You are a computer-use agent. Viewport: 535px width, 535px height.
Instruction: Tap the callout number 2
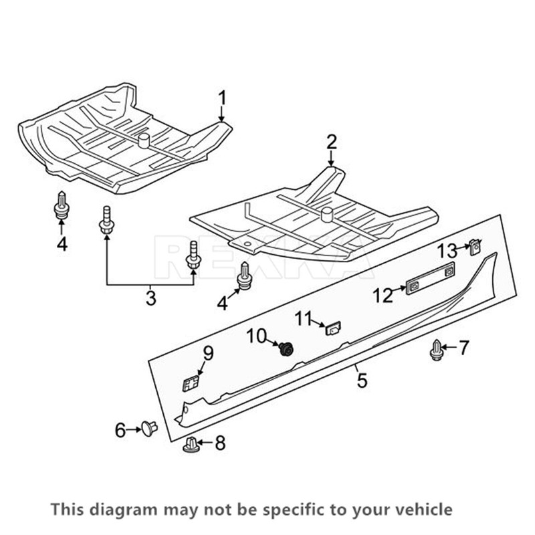click(332, 142)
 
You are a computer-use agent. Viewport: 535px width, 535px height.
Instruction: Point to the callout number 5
click(362, 381)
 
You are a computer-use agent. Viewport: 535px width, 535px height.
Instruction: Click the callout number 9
click(207, 352)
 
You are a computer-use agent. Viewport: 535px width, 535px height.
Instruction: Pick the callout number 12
click(383, 295)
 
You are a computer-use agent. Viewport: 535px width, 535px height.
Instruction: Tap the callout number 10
click(258, 336)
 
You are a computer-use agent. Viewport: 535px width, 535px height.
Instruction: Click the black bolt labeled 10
click(288, 348)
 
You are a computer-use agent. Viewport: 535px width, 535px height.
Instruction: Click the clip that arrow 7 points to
click(437, 349)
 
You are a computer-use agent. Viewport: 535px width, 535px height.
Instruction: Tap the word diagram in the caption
click(110, 510)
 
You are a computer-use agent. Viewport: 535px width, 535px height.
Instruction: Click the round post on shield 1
click(143, 140)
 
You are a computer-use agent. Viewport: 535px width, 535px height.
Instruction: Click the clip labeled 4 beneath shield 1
click(62, 205)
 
